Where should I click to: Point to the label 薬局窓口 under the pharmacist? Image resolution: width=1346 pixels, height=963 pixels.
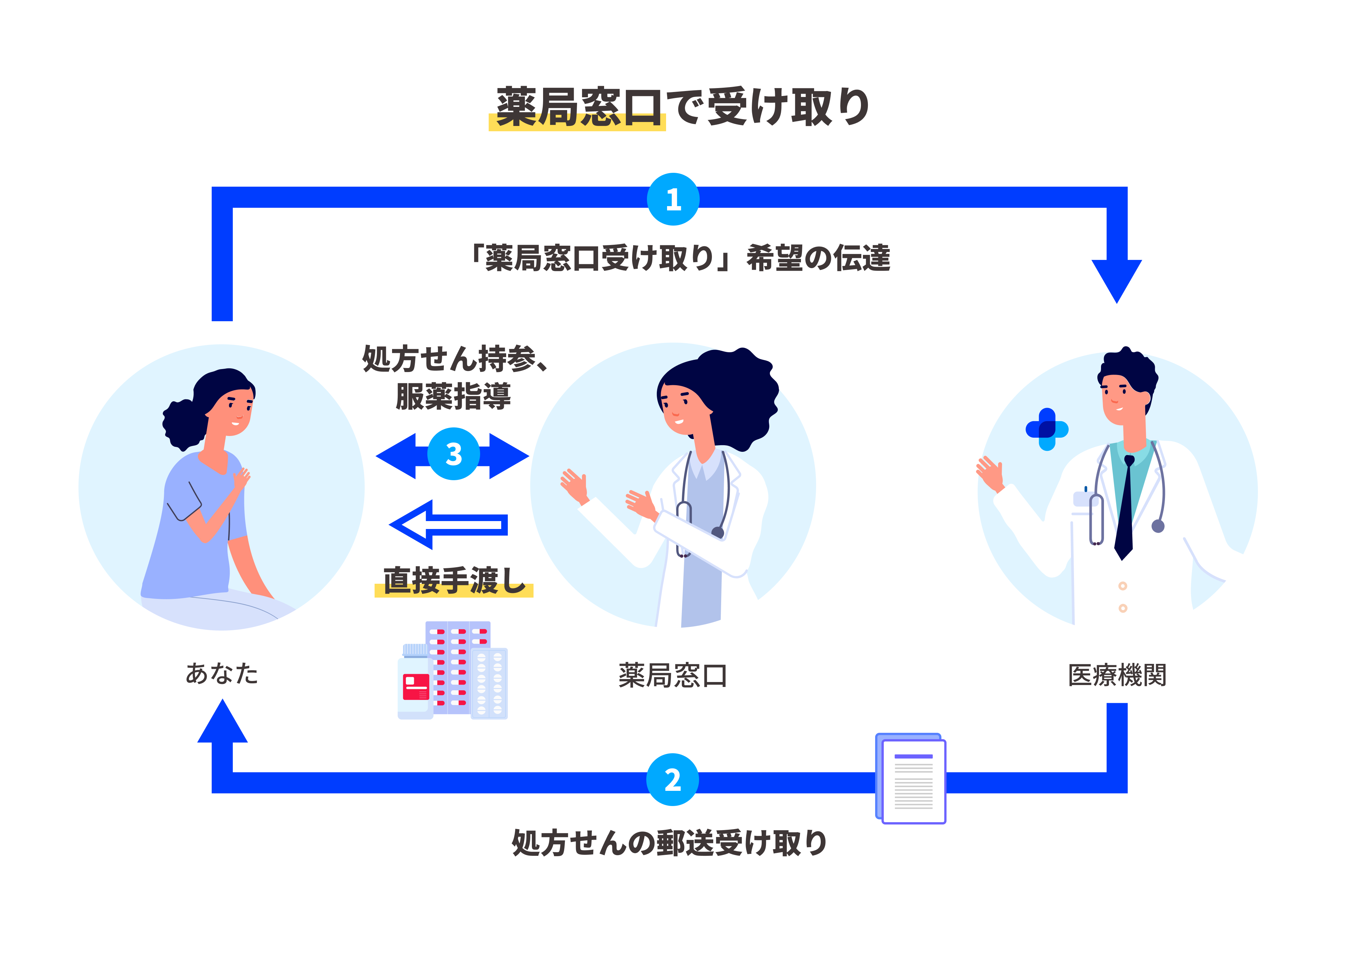(672, 675)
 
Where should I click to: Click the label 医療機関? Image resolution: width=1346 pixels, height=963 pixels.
(1117, 675)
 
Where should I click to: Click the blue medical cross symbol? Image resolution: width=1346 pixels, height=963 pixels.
(1047, 429)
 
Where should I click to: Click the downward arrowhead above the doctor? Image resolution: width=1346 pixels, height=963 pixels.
(1117, 279)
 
